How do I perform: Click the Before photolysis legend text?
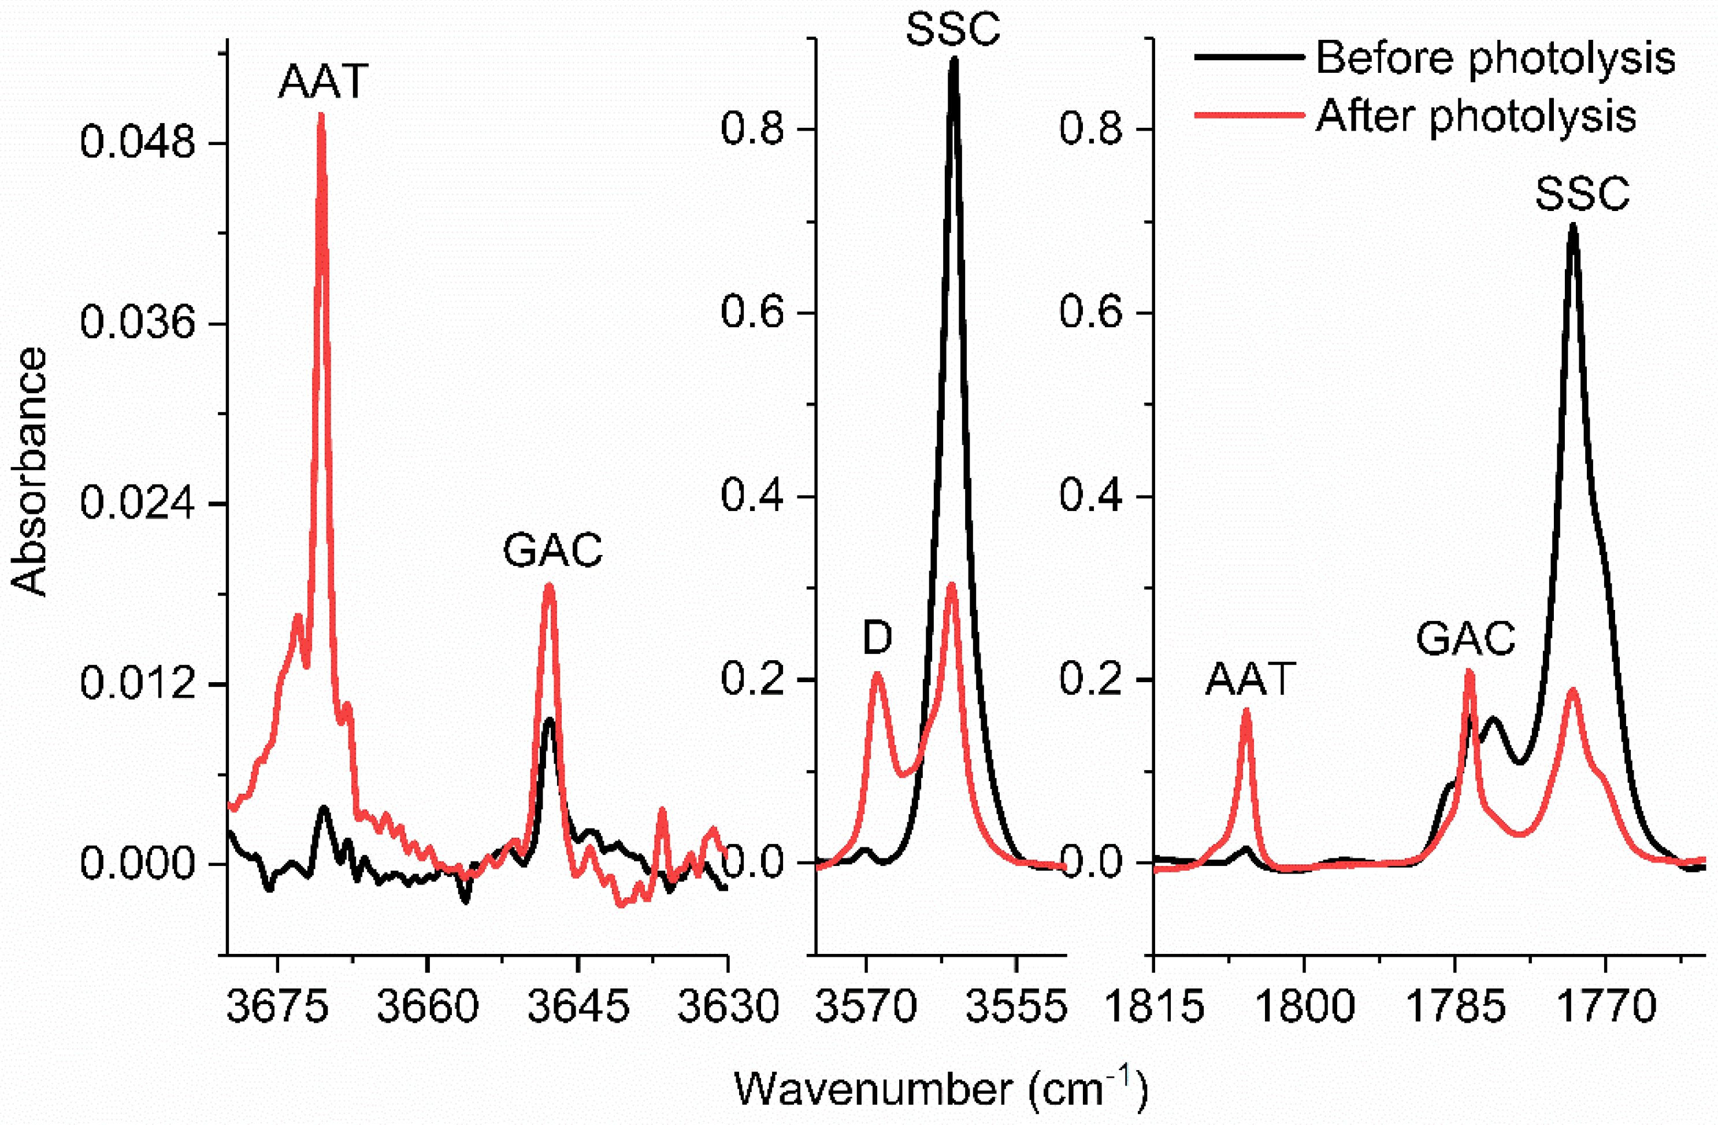click(1495, 58)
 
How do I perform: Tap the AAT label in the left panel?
click(324, 81)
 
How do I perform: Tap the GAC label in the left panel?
click(552, 551)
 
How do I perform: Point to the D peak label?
click(877, 638)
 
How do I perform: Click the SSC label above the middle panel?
click(953, 29)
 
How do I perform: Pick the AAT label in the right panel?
click(1251, 679)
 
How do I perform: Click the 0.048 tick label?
click(137, 142)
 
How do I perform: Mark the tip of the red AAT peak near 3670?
click(321, 116)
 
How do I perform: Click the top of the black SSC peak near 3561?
click(953, 59)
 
